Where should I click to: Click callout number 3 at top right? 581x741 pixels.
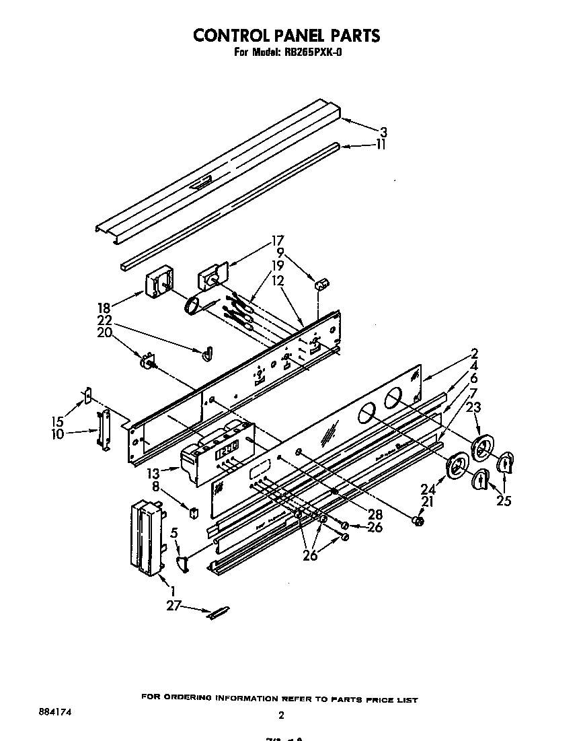pyautogui.click(x=383, y=132)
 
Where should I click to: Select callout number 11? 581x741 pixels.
pyautogui.click(x=381, y=144)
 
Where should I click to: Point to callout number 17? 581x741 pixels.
pyautogui.click(x=277, y=240)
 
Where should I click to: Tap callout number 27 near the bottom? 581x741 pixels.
pyautogui.click(x=173, y=605)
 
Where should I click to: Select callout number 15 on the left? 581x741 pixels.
pyautogui.click(x=57, y=421)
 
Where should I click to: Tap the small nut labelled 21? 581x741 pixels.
pyautogui.click(x=418, y=520)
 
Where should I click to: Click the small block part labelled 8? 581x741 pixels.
pyautogui.click(x=194, y=513)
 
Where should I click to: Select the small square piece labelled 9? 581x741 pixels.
pyautogui.click(x=320, y=281)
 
